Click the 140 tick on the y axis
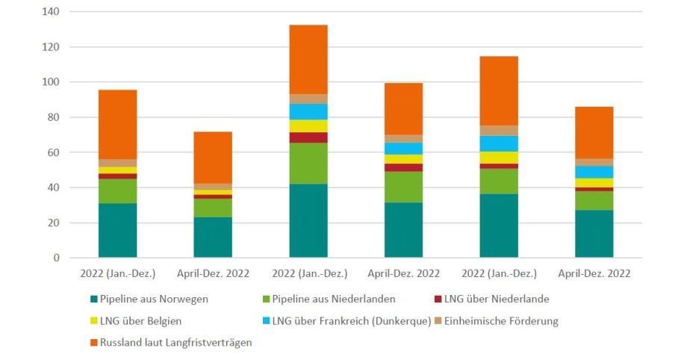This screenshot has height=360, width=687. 52,12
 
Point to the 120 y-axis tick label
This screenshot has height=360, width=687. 52,47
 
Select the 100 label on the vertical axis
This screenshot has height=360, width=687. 52,82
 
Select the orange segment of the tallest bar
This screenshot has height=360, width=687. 308,60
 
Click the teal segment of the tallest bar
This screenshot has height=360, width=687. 308,220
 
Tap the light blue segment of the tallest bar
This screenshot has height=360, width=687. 308,111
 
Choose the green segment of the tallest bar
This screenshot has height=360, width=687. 308,163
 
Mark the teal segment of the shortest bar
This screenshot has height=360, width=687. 213,238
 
